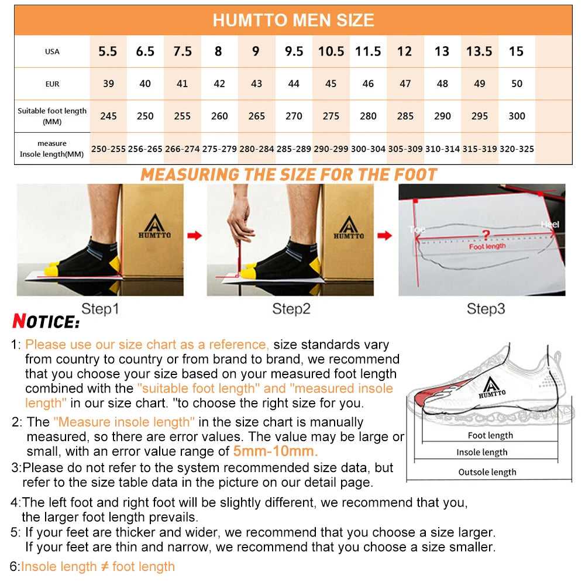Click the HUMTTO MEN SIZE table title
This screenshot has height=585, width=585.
point(293,20)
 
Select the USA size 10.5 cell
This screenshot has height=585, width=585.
point(331,51)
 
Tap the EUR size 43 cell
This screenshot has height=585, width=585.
point(256,84)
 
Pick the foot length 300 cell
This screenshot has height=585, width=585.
point(517,116)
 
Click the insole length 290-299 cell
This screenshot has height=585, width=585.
point(331,149)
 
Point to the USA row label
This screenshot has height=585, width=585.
point(52,51)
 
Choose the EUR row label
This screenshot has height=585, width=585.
point(52,84)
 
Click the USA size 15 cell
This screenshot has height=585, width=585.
point(516,51)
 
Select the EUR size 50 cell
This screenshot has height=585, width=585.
point(517,84)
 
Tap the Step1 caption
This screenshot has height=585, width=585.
point(100,309)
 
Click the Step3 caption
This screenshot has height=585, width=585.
point(486,309)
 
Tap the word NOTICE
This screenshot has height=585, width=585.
point(46,322)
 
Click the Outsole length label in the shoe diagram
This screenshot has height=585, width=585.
point(487,472)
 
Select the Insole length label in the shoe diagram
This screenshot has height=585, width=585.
point(482,452)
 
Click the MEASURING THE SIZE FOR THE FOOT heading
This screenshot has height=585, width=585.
point(289,174)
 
